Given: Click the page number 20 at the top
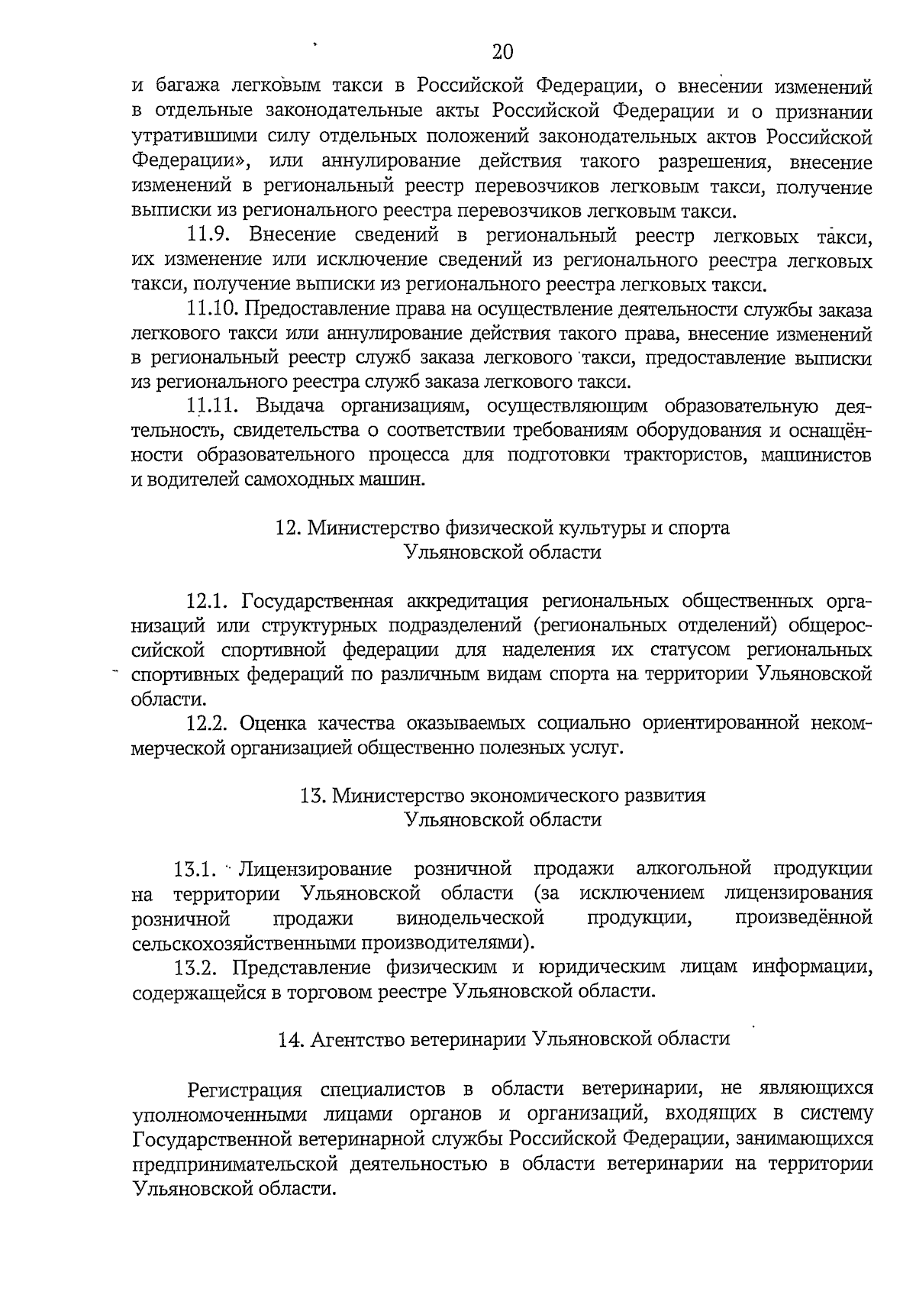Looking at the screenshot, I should (502, 52).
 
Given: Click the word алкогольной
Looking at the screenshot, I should (694, 869).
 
